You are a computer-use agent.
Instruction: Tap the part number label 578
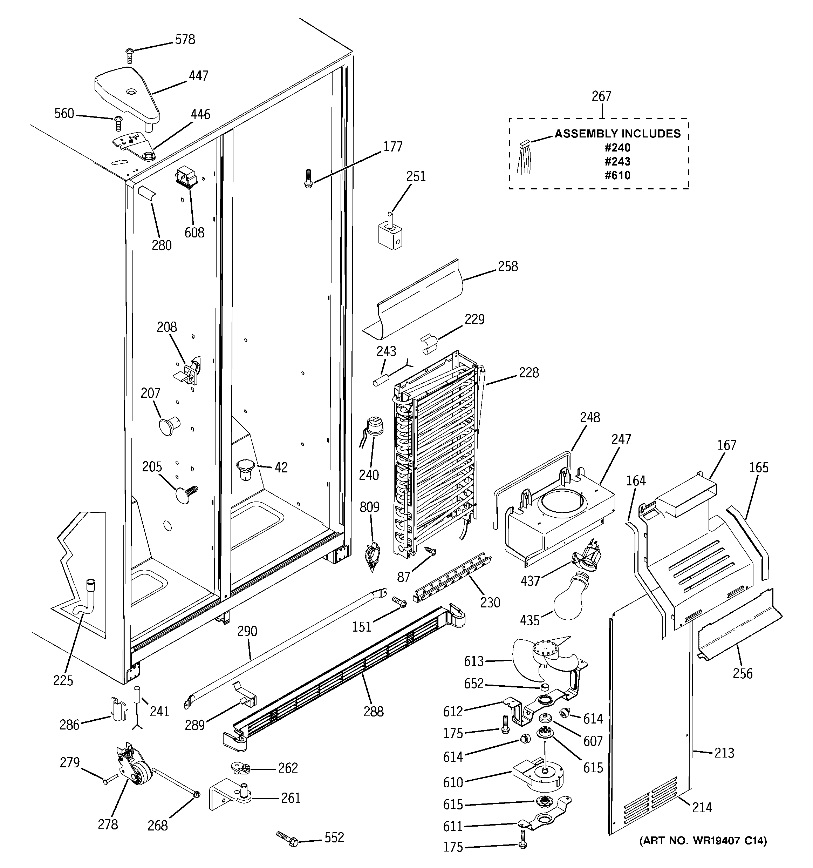[x=185, y=40]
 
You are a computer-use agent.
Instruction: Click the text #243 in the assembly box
[x=617, y=162]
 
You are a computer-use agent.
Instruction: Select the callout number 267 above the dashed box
[x=601, y=96]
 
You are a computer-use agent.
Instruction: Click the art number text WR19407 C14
[x=703, y=841]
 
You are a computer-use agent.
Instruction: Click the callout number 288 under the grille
[x=374, y=711]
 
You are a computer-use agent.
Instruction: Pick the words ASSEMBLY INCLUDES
[x=617, y=134]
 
